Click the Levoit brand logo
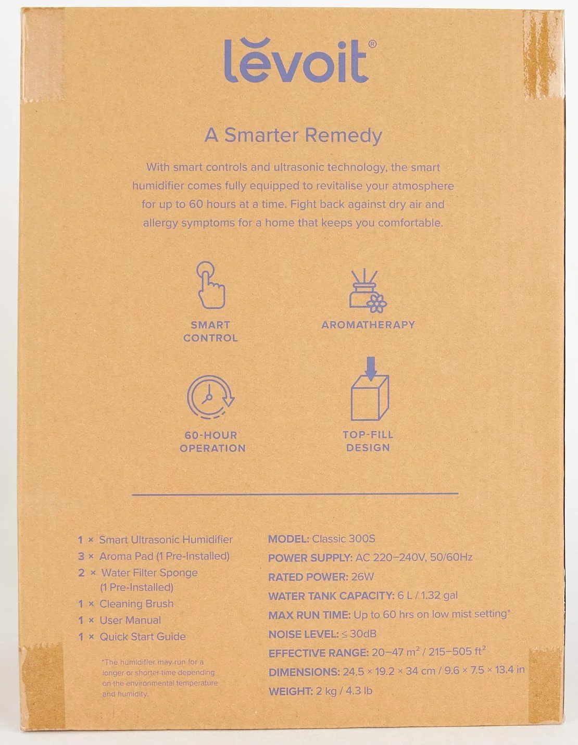coord(296,61)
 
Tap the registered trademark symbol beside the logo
coord(372,45)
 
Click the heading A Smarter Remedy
coord(293,135)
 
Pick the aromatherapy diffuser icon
coord(368,292)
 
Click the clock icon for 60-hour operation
coord(210,397)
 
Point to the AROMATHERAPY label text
coord(368,325)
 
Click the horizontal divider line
coord(295,494)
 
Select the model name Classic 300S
coord(344,539)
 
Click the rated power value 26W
coord(362,577)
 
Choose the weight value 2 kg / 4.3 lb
coord(344,691)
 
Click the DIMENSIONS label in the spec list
coord(304,672)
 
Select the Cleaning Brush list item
coord(136,604)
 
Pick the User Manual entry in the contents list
coord(130,621)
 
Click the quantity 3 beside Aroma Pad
coord(81,557)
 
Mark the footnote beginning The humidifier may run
coord(159,678)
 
